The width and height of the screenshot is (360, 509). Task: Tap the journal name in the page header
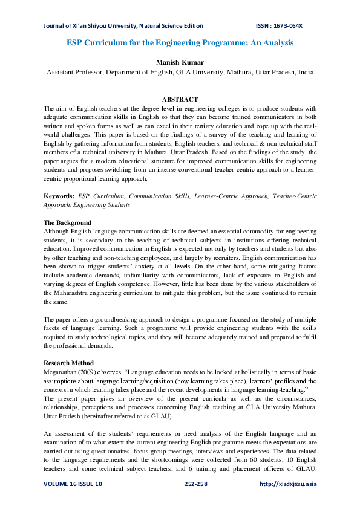(x=123, y=26)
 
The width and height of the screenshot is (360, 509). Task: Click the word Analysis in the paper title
(x=272, y=43)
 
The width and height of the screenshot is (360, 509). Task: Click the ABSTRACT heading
(x=180, y=99)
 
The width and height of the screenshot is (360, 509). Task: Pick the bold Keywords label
(x=59, y=197)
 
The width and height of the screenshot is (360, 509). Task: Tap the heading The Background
(x=67, y=223)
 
